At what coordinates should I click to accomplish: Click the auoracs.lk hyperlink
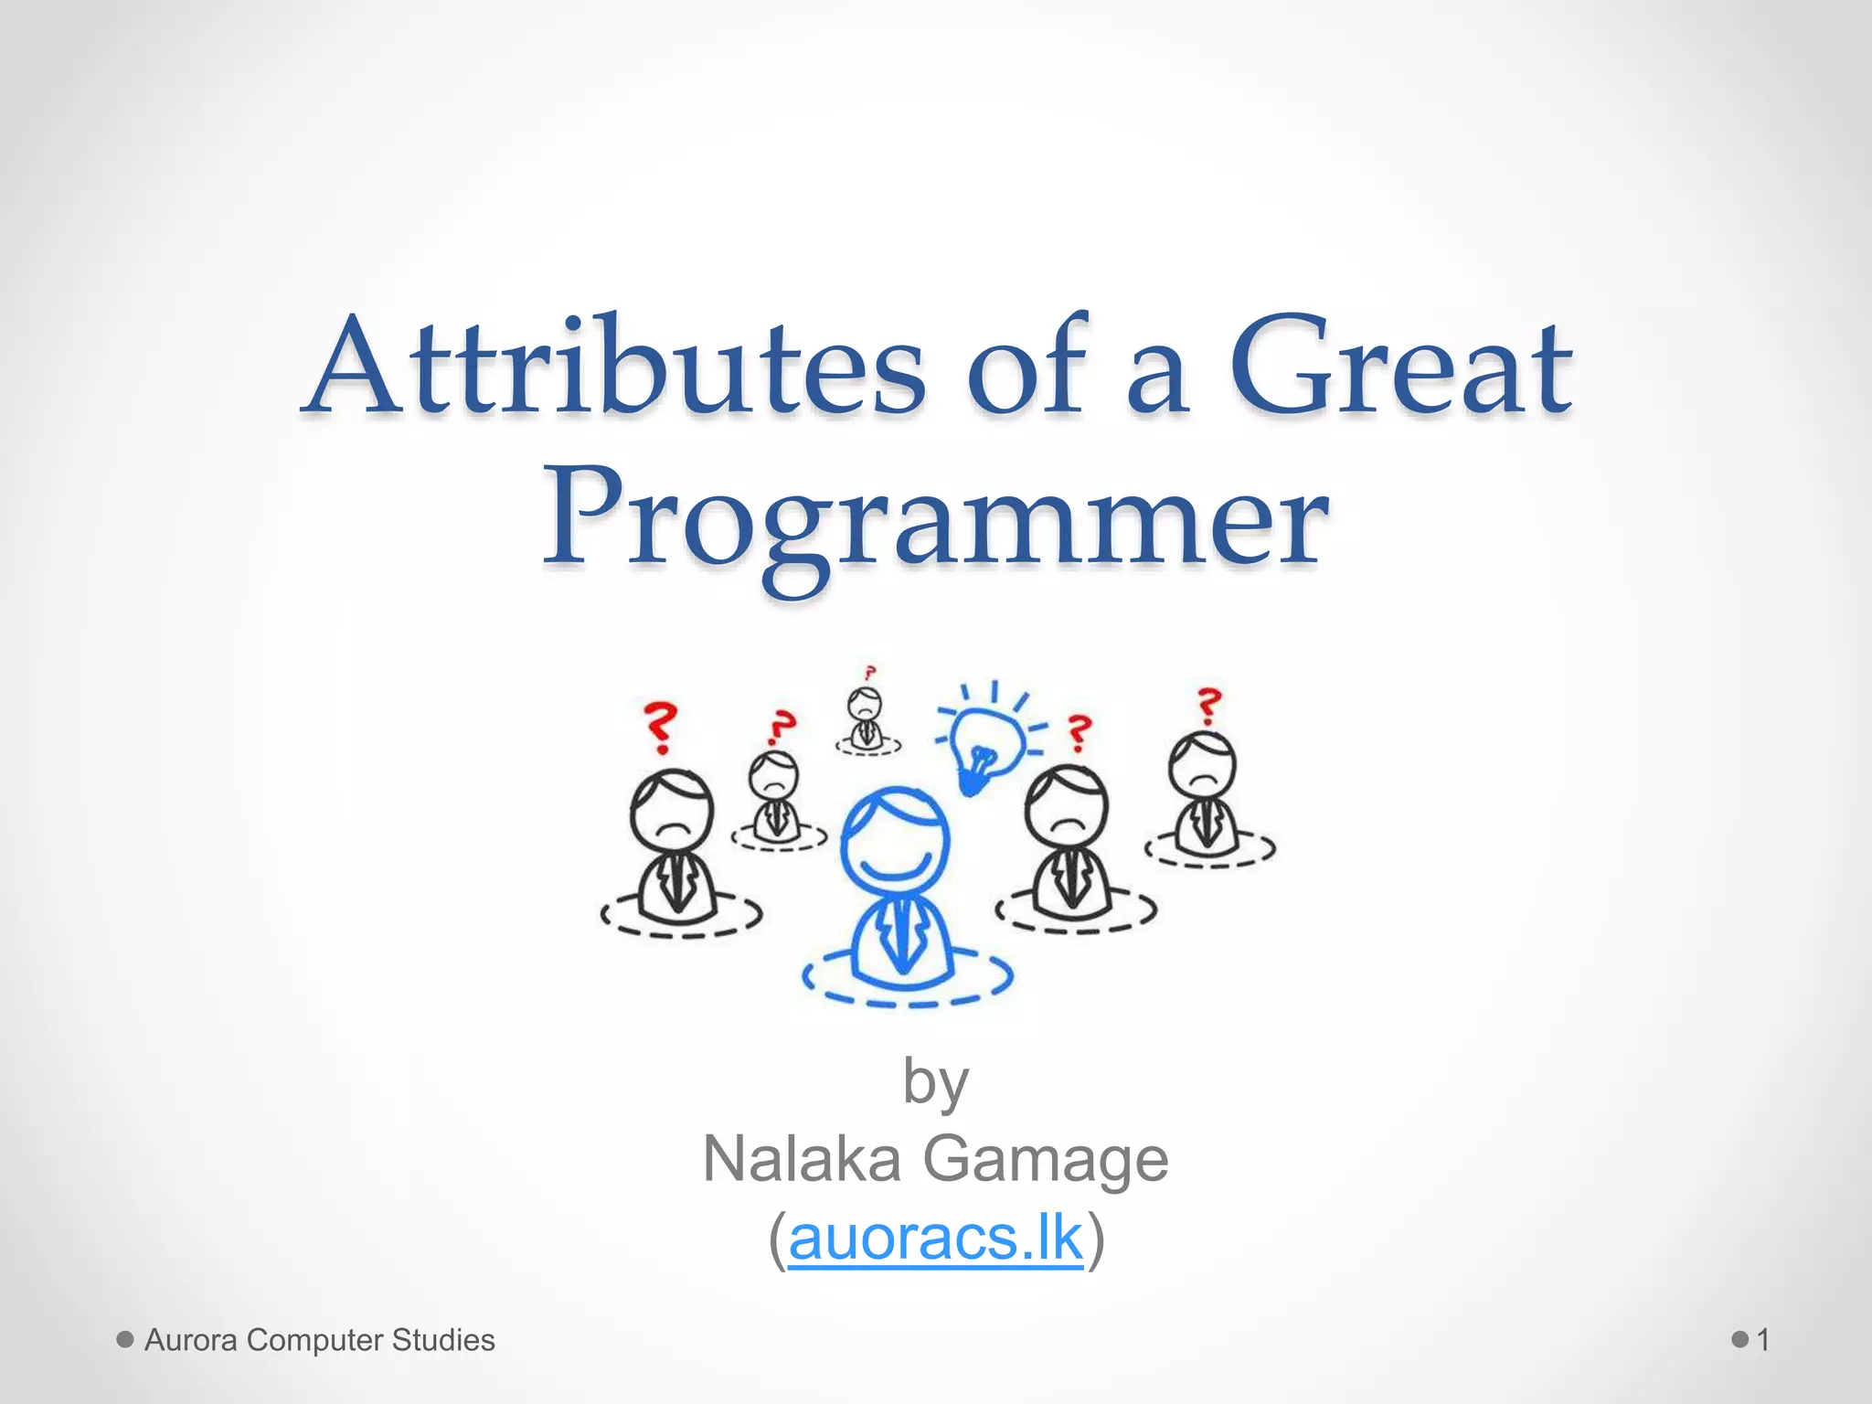(935, 1239)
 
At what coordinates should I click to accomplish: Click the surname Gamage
(1046, 1159)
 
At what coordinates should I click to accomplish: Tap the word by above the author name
(935, 1081)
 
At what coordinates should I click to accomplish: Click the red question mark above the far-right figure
(1209, 706)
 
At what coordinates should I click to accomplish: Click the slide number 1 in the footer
(1763, 1340)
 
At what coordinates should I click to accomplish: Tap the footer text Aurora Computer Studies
(319, 1340)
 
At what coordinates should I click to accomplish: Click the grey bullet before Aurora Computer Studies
(125, 1340)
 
